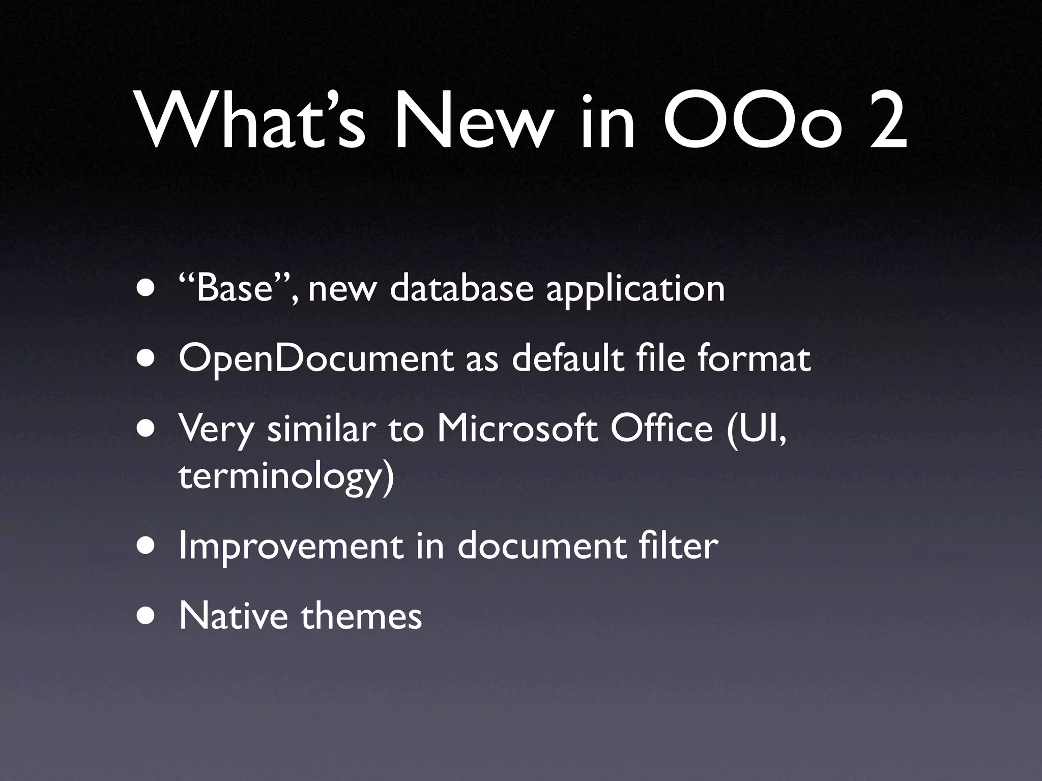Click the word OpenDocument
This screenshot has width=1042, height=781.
[315, 359]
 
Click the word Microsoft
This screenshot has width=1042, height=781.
[517, 429]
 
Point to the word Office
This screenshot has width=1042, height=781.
[661, 429]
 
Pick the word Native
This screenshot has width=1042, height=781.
[234, 616]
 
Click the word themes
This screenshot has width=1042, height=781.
[361, 616]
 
